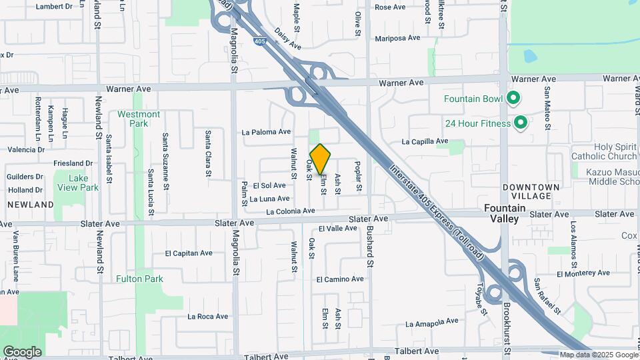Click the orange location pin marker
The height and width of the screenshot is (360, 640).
tap(321, 159)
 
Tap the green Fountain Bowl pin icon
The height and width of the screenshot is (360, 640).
tap(513, 99)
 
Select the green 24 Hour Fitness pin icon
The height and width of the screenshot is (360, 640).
tap(521, 123)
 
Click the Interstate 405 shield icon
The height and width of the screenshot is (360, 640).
tap(259, 42)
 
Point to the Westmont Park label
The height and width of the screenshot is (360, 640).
tap(139, 119)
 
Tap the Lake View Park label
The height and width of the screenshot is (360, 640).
tap(79, 183)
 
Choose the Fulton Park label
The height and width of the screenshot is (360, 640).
tap(139, 279)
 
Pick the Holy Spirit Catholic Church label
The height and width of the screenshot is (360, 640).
tap(605, 151)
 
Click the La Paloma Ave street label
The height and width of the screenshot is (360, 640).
tap(267, 132)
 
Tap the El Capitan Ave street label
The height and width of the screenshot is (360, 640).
tap(189, 253)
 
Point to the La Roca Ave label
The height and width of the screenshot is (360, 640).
tap(208, 317)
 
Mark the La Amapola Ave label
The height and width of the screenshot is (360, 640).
tap(432, 323)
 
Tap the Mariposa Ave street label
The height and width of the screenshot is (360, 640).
tap(397, 38)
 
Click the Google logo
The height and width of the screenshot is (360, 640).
tap(22, 351)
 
